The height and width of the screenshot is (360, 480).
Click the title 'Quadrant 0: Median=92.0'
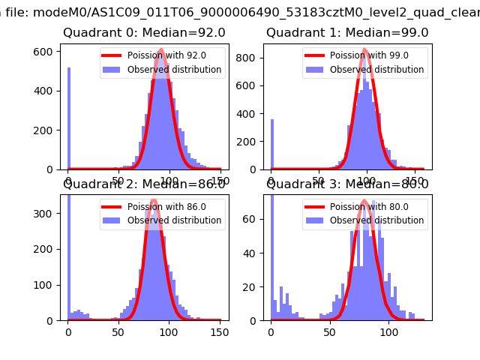144,33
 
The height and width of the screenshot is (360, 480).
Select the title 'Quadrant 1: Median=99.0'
347,33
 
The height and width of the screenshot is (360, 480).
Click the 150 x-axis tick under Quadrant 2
220,331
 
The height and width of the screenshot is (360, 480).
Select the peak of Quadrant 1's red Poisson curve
365,49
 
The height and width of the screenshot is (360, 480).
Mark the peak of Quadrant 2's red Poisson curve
154,200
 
